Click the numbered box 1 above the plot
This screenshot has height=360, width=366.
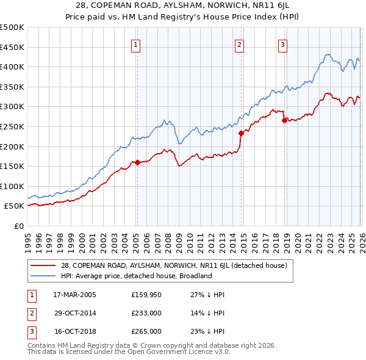click(x=135, y=44)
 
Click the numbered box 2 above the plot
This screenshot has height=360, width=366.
click(x=239, y=44)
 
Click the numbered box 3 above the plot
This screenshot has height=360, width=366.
click(x=283, y=44)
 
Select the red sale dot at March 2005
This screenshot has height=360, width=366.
click(x=137, y=162)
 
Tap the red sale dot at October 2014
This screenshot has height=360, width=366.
click(x=241, y=133)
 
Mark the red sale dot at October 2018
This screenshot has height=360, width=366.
click(x=284, y=120)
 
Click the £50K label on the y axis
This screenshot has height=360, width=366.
click(x=15, y=206)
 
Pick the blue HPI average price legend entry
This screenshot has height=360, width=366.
click(x=135, y=275)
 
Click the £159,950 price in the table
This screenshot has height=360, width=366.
click(x=146, y=294)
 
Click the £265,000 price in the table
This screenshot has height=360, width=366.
click(x=146, y=332)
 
